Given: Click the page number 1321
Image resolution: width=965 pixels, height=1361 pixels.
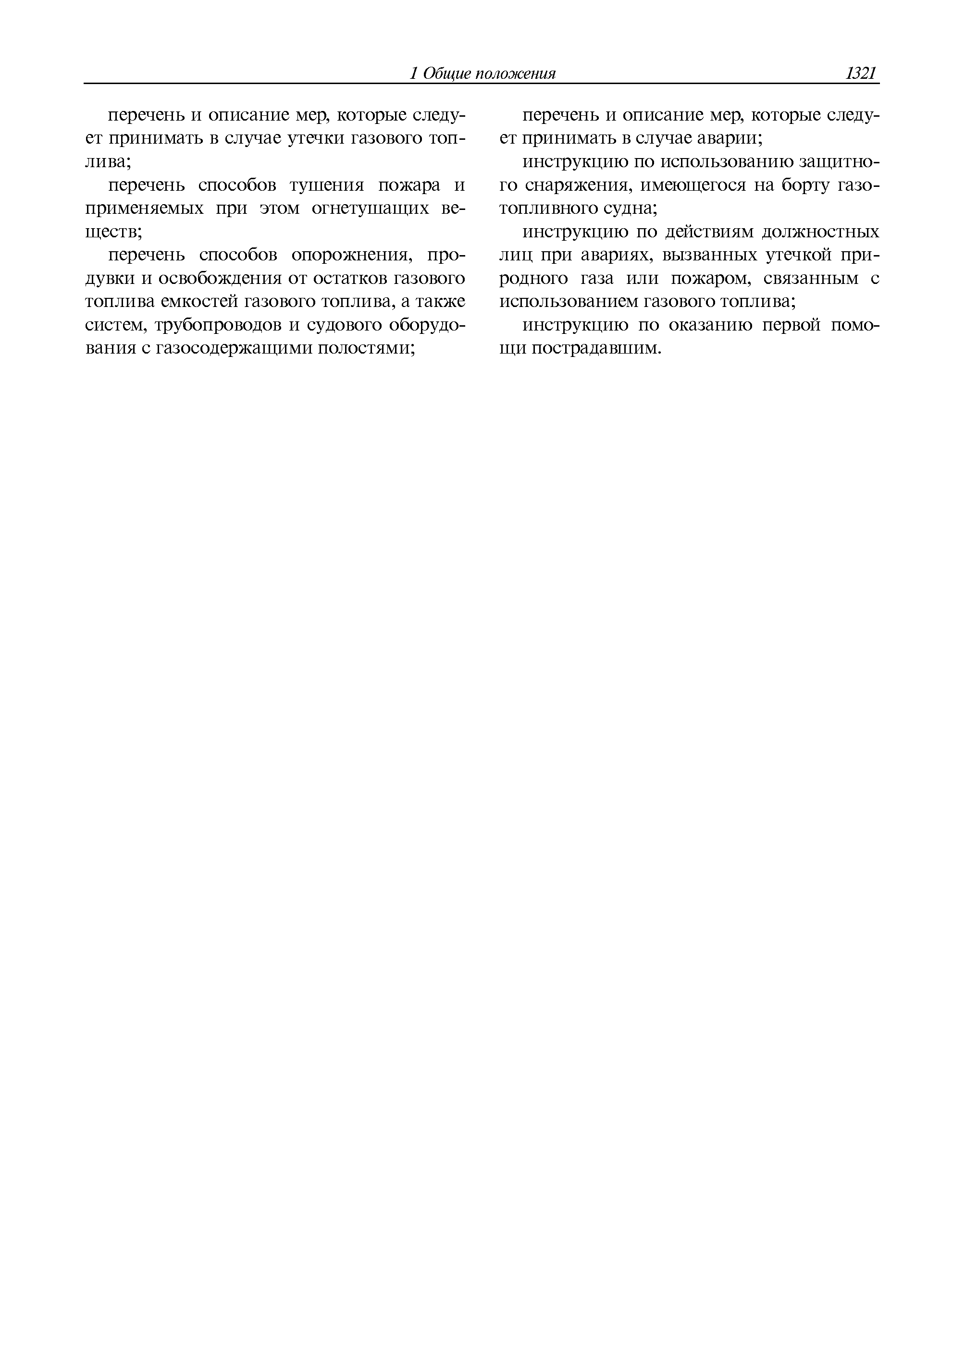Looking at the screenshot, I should click(x=862, y=74).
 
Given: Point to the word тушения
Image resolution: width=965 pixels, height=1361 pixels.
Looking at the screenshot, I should click(x=326, y=185).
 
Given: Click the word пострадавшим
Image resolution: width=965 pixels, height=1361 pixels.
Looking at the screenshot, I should click(x=596, y=349).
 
